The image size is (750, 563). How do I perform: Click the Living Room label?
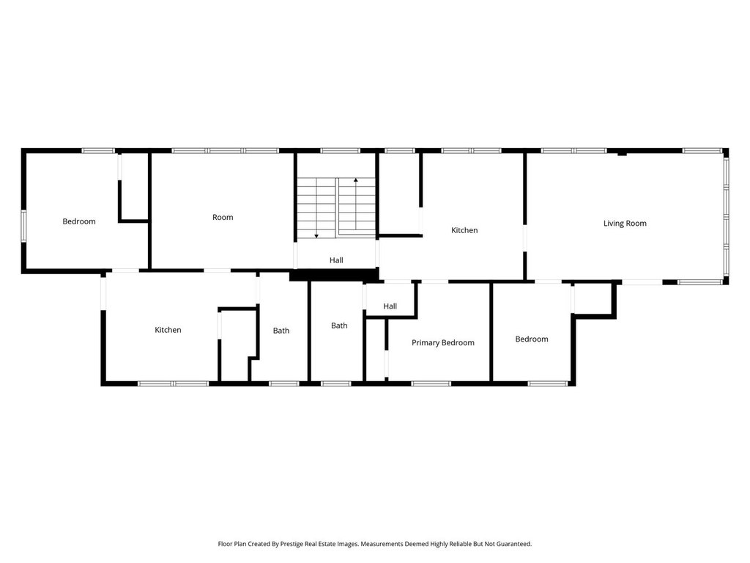(625, 224)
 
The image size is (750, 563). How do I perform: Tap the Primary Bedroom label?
(442, 342)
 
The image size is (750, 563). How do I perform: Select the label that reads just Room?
(223, 217)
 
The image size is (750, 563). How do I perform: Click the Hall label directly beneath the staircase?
(336, 260)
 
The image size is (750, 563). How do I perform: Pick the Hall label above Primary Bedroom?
(390, 306)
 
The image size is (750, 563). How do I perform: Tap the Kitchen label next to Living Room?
(464, 230)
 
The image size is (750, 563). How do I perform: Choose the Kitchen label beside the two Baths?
(168, 330)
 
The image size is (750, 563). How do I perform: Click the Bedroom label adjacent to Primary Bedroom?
(531, 339)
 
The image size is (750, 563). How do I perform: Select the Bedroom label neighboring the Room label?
(78, 221)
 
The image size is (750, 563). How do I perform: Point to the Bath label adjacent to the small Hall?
(339, 325)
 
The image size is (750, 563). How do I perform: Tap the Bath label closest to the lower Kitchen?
(281, 331)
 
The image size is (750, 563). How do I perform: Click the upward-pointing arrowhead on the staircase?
(356, 180)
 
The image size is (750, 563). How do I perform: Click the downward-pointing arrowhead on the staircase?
(316, 235)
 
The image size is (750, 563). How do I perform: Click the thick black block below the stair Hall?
(335, 276)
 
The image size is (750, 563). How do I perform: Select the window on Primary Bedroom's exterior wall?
(431, 383)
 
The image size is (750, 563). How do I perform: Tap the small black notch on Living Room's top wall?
(621, 153)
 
